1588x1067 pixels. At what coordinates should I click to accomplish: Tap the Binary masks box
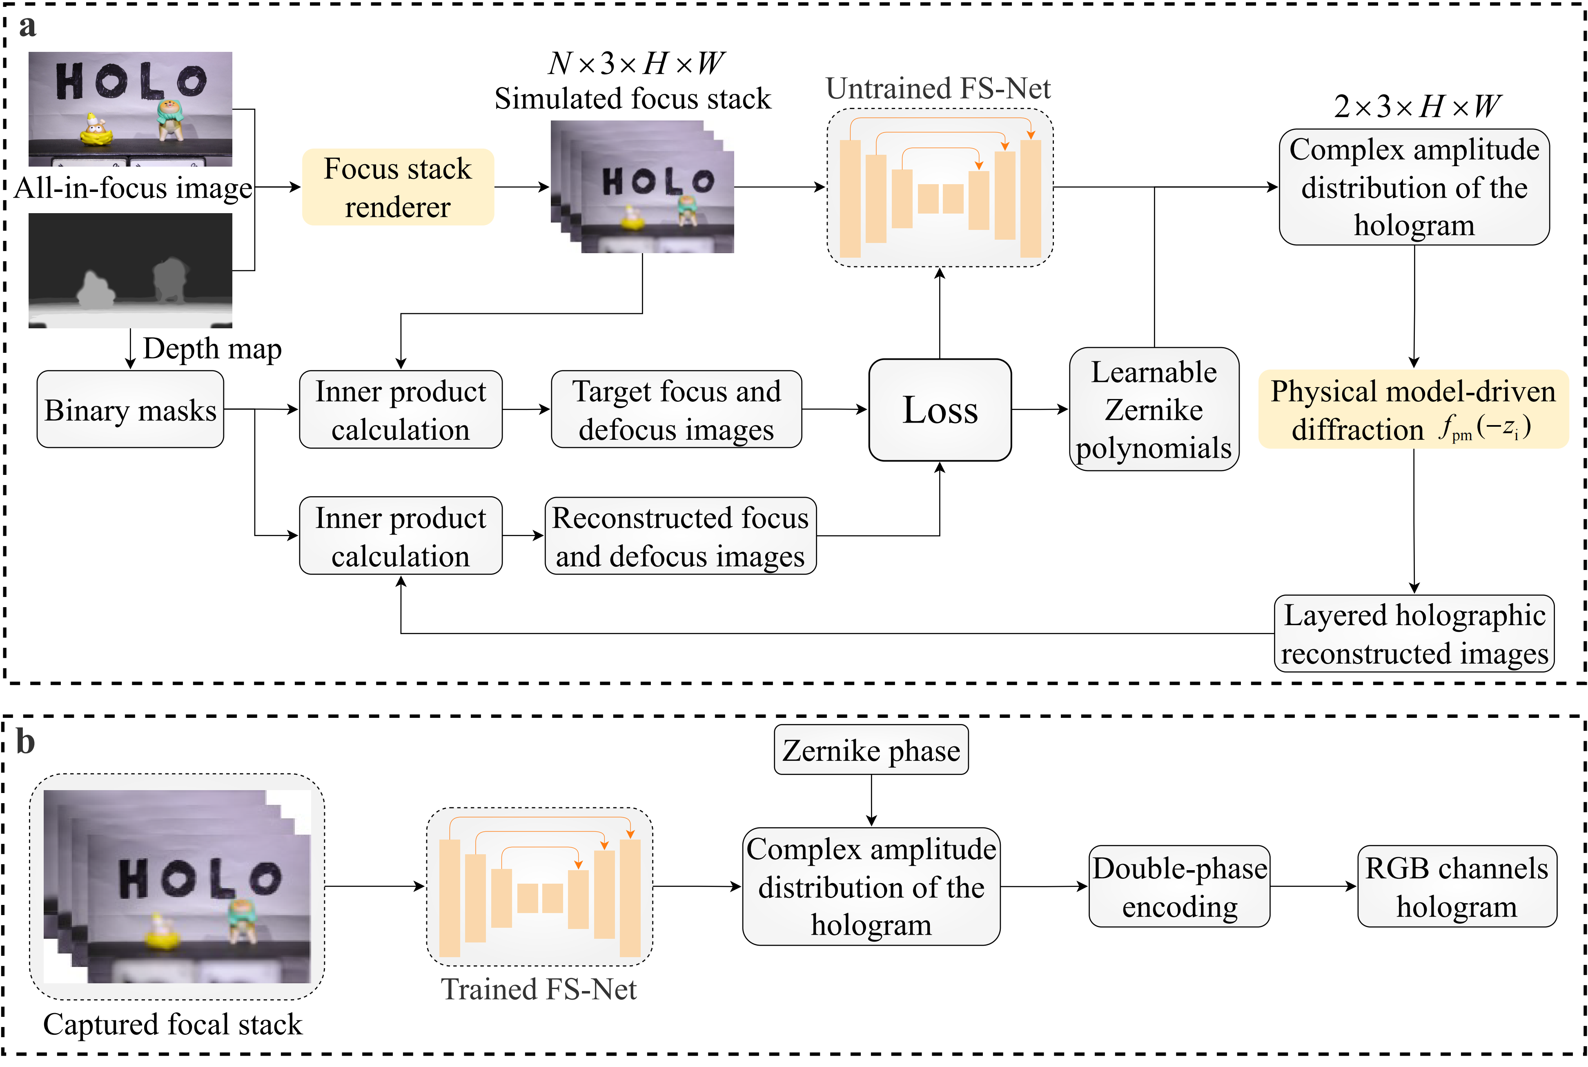point(130,410)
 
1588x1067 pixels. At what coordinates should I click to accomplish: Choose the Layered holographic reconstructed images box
point(1413,633)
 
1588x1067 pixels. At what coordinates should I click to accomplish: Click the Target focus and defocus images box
point(676,410)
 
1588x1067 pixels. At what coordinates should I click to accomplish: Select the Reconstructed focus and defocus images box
point(680,536)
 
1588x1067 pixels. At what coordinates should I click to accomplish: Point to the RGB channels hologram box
point(1456,887)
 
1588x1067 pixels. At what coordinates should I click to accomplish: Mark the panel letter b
point(25,741)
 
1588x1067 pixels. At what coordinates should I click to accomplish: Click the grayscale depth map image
point(130,270)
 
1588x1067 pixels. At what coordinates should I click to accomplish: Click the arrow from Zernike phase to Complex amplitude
point(871,800)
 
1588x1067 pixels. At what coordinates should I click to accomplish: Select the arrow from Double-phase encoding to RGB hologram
point(1313,887)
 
